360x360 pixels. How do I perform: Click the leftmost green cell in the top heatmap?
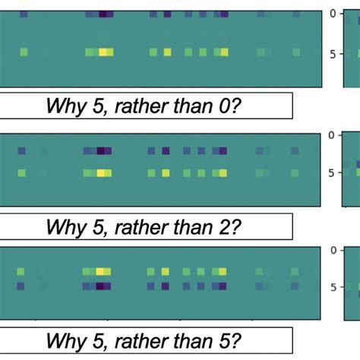(x=24, y=52)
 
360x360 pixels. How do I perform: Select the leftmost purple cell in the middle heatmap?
(x=22, y=151)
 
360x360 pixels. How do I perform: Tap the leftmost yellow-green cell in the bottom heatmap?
(x=22, y=271)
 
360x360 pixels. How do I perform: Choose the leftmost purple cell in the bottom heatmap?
(x=22, y=286)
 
